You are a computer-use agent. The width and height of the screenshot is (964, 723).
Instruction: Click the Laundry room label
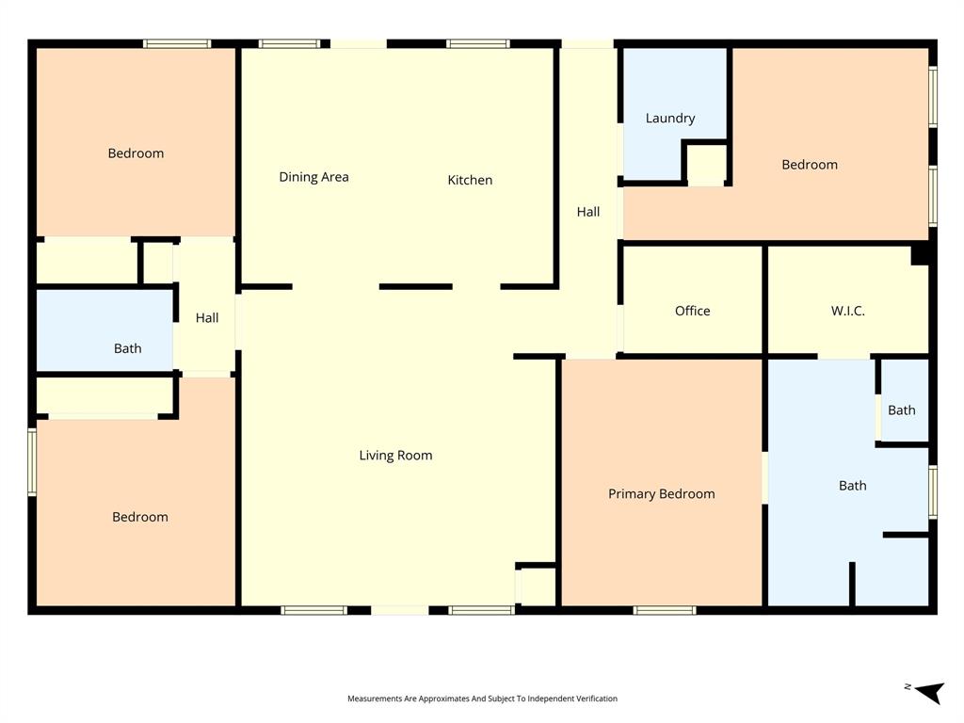[x=670, y=119]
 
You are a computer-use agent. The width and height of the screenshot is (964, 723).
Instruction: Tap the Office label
[x=692, y=312]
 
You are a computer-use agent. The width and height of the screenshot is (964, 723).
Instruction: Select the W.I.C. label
[x=847, y=312]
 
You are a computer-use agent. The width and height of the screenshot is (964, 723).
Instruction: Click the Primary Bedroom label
[x=661, y=494]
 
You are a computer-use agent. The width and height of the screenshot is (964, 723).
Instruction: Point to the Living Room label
[x=395, y=456]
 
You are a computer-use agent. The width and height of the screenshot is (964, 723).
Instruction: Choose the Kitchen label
[x=470, y=180]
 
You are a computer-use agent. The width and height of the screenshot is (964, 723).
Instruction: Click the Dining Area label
[x=313, y=177]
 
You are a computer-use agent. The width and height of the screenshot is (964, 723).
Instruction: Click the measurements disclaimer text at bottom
[x=482, y=699]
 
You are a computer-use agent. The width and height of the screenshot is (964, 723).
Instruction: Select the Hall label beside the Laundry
[x=588, y=212]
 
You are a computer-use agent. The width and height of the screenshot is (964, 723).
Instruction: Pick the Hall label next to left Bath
[x=207, y=318]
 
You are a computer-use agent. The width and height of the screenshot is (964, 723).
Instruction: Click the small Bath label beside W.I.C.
[x=901, y=410]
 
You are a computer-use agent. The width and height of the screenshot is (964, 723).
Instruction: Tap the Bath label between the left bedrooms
[x=128, y=348]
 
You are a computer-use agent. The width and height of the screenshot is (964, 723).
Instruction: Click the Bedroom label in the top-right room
[x=810, y=165]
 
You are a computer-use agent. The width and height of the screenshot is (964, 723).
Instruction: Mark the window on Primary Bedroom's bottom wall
[x=665, y=610]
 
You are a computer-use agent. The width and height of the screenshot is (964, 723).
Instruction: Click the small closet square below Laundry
[x=705, y=166]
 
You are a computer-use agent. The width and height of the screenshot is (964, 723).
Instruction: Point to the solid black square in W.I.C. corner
[x=921, y=254]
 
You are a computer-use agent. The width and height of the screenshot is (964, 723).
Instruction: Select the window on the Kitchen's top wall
[x=478, y=43]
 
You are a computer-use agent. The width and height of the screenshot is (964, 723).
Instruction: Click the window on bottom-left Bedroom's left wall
[x=32, y=461]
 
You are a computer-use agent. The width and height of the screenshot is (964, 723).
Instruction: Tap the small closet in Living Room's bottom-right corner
[x=538, y=586]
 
